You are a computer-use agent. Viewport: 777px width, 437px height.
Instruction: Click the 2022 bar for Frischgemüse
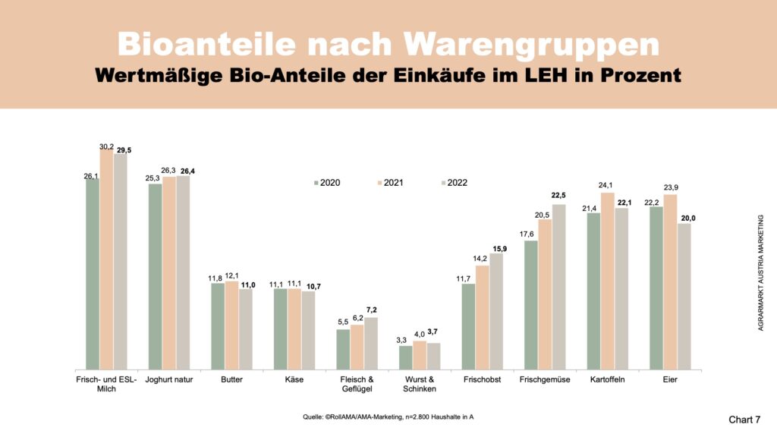pyautogui.click(x=558, y=287)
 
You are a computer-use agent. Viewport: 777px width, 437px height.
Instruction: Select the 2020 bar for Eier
pyautogui.click(x=656, y=288)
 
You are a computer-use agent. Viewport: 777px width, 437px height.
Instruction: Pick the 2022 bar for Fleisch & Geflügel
pyautogui.click(x=371, y=343)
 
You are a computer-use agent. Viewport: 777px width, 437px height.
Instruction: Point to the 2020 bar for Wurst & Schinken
pyautogui.click(x=406, y=357)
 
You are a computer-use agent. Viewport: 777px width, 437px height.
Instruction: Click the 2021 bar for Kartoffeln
pyautogui.click(x=608, y=281)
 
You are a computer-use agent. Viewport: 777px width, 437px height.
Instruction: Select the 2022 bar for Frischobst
pyautogui.click(x=496, y=311)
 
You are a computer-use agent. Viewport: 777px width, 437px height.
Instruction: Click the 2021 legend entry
pyautogui.click(x=394, y=183)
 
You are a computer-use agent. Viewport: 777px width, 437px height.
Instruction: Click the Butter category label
pyautogui.click(x=231, y=379)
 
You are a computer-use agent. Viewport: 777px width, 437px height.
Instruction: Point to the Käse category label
pyautogui.click(x=294, y=379)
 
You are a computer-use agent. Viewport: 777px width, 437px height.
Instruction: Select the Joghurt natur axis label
pyautogui.click(x=168, y=379)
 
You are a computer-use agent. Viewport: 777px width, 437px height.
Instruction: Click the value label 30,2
pyautogui.click(x=106, y=146)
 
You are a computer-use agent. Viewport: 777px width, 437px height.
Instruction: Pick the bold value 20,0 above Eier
pyautogui.click(x=684, y=218)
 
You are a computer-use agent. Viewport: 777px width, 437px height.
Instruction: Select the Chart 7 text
pyautogui.click(x=744, y=419)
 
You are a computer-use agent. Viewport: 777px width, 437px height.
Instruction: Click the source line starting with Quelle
pyautogui.click(x=388, y=417)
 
